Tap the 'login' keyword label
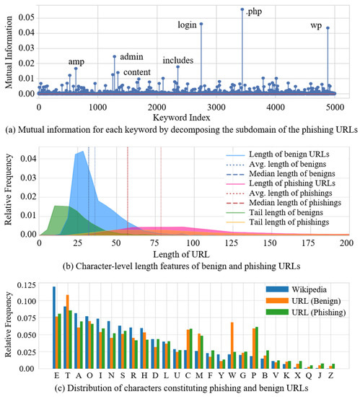[x=188, y=25]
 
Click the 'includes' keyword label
[x=177, y=60]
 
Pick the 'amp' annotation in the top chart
[x=76, y=61]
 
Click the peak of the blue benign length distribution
[x=82, y=152]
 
